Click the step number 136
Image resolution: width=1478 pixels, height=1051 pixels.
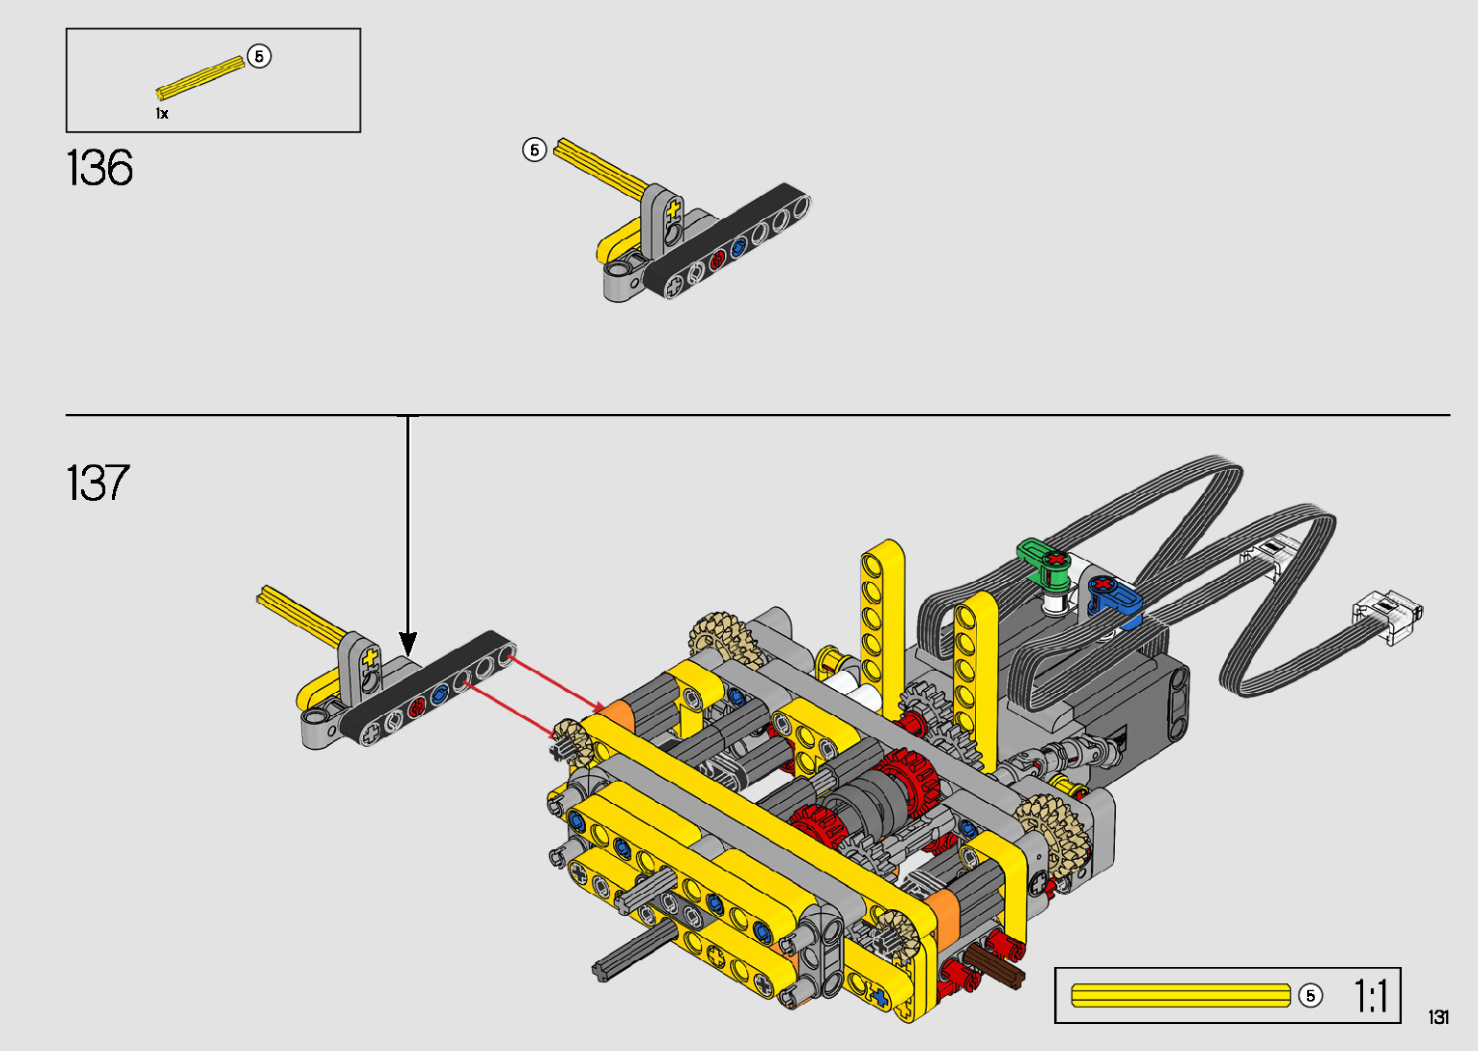click(99, 168)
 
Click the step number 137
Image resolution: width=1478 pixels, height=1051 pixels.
click(98, 483)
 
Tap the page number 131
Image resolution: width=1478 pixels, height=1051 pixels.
click(1438, 1016)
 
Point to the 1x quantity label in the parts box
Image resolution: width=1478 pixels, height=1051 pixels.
click(162, 114)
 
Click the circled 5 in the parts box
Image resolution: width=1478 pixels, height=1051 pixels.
click(260, 57)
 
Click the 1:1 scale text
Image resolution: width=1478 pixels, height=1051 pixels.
click(1371, 995)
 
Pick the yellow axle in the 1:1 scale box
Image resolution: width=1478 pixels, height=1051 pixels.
click(1181, 995)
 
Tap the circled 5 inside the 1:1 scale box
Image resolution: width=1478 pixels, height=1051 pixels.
click(1310, 995)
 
